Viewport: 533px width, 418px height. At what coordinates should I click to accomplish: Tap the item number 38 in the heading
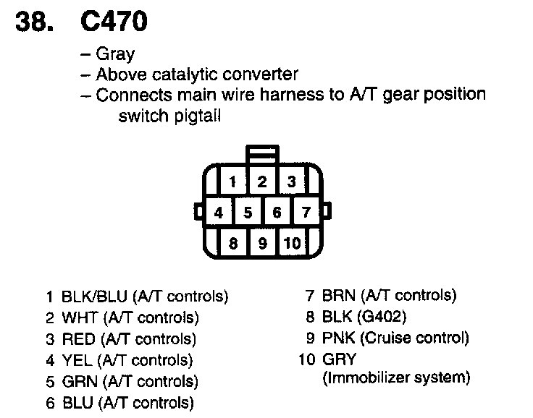pos(34,22)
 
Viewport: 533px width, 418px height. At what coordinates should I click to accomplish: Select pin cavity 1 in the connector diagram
pos(233,182)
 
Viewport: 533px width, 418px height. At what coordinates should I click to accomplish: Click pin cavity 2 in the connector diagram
pos(262,182)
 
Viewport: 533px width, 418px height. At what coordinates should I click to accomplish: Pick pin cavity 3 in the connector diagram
pos(291,182)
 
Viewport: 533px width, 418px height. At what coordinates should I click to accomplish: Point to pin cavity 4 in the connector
pos(219,213)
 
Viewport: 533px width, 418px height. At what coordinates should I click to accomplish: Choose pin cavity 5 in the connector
pos(248,213)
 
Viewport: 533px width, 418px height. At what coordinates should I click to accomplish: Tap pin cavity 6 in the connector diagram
pos(277,213)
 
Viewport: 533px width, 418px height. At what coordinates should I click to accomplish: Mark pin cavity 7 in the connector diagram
pos(306,213)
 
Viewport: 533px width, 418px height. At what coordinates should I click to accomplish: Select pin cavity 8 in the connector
pos(233,244)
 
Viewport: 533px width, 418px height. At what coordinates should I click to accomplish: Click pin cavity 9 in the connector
pos(262,244)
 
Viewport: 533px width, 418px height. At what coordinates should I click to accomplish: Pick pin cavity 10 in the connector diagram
pos(291,244)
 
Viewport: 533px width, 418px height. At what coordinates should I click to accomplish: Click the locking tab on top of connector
pos(262,155)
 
